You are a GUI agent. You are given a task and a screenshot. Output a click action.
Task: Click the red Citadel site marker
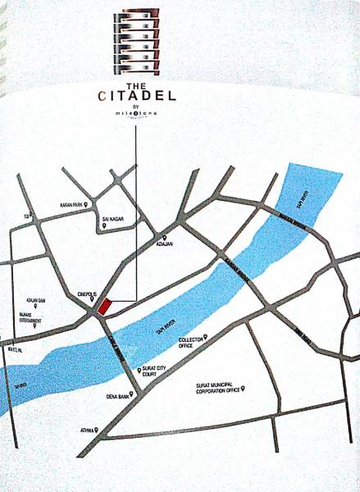[x=103, y=307]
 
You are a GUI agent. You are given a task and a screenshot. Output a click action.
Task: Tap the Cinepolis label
[x=86, y=291]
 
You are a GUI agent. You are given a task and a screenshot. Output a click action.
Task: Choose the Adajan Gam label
[x=36, y=302]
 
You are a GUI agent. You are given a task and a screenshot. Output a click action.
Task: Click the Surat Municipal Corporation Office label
[x=216, y=388]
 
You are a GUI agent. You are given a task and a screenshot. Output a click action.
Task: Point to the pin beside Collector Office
[x=205, y=336]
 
